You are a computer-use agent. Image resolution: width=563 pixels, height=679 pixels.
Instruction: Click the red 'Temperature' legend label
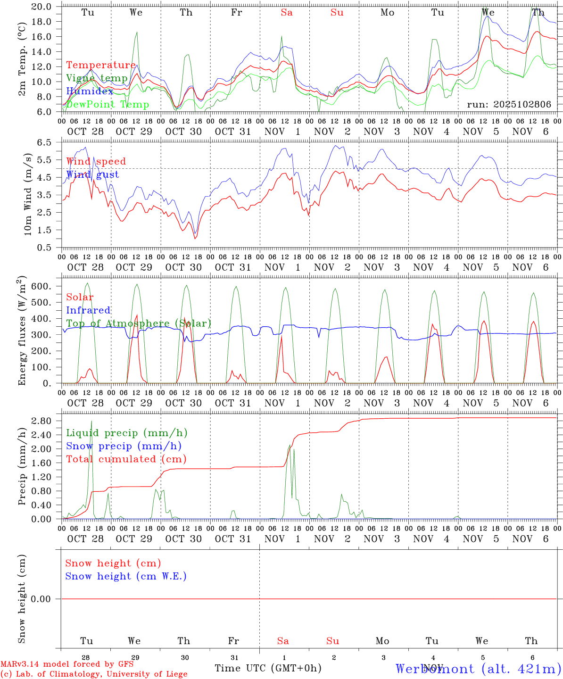(101, 65)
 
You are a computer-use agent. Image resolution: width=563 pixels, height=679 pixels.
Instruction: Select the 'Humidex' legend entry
(90, 91)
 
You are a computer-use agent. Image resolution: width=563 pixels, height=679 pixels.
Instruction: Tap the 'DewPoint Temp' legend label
(108, 105)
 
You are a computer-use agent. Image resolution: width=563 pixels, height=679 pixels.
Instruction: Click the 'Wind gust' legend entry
(92, 174)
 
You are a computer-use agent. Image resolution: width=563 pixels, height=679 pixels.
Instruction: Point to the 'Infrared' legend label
(88, 310)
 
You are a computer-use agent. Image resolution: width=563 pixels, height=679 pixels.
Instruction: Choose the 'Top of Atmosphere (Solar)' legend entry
(139, 323)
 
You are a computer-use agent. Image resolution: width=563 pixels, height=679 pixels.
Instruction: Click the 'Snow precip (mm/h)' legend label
(124, 446)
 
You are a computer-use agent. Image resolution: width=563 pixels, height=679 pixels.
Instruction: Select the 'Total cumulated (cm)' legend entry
(126, 459)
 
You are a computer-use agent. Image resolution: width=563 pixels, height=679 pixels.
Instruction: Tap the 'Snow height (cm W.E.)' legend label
(126, 576)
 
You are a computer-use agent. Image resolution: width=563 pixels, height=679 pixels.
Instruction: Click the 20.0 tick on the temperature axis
(43, 7)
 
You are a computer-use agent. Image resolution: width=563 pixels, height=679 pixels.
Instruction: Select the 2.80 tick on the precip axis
(41, 421)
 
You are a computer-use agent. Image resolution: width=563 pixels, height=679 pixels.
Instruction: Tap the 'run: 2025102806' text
(509, 105)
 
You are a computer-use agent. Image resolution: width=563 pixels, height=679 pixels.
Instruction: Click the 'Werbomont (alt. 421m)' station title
(478, 669)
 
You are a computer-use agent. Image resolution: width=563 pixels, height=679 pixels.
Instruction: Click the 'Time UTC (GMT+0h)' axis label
(268, 668)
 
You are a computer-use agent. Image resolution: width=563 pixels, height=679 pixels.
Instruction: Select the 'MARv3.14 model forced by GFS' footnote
(67, 664)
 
